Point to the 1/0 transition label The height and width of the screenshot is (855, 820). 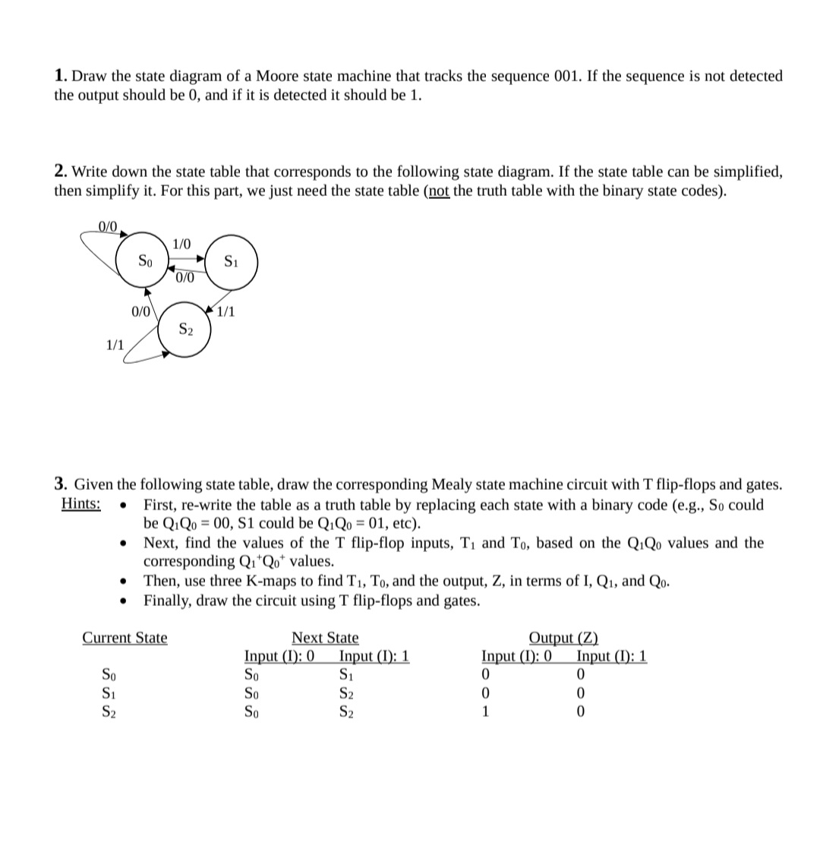(182, 244)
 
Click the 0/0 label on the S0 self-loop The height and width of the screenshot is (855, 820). (109, 226)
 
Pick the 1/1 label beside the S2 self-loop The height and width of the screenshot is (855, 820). (115, 344)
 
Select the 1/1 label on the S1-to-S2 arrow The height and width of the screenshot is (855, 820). (226, 311)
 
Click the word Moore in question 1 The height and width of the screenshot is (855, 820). (278, 76)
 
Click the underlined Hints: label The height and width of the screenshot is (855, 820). (80, 505)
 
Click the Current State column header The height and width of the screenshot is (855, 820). (125, 638)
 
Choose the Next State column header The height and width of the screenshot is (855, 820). (325, 638)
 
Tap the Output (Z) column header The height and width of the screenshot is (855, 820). (563, 638)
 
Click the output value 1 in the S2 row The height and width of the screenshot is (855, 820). (487, 711)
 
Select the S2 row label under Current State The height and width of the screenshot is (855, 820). (109, 711)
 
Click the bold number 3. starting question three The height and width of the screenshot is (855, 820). (61, 484)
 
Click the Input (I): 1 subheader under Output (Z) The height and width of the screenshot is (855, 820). (611, 656)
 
